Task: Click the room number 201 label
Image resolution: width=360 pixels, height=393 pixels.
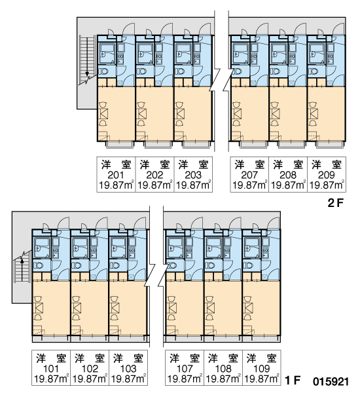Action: tap(116, 175)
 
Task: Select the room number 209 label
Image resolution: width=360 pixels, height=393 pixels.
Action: tap(327, 175)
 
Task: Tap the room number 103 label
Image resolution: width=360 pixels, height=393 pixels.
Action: tap(128, 369)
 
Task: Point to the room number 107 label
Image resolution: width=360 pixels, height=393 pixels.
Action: tap(185, 369)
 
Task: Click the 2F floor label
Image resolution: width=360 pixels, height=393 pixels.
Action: tap(335, 203)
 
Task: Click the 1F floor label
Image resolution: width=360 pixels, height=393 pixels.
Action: tap(293, 381)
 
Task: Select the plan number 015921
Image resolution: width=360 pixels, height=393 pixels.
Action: tap(331, 382)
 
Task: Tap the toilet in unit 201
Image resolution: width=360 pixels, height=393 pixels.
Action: tap(103, 71)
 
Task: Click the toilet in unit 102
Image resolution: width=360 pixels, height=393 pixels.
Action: tap(77, 265)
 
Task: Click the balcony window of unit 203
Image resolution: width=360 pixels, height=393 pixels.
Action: tap(196, 145)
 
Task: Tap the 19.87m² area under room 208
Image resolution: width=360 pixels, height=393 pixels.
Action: tap(288, 185)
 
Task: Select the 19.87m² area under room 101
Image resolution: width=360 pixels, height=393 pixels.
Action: tap(51, 379)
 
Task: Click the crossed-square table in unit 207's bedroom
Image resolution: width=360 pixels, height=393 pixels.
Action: tap(237, 114)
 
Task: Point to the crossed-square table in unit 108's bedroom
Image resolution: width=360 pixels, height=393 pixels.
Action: tap(210, 308)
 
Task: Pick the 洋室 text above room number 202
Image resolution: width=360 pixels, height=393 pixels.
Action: tap(154, 164)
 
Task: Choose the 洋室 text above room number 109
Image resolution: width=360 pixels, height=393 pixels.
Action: tap(261, 358)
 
